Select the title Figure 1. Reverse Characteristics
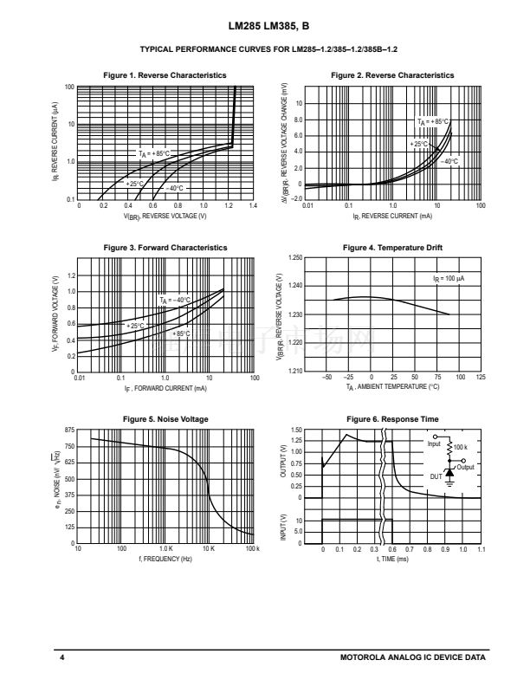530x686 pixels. (165, 75)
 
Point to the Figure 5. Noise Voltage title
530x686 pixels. (165, 419)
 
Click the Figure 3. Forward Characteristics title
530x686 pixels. (165, 248)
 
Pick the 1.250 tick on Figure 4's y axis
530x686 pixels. (294, 259)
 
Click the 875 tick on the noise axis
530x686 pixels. (69, 430)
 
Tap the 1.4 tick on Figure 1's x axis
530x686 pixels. (253, 206)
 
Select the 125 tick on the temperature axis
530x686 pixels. (481, 378)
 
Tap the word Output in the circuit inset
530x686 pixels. (466, 467)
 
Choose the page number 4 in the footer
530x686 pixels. (62, 659)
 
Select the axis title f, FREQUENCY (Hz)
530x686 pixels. (165, 560)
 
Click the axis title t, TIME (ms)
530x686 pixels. (392, 560)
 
